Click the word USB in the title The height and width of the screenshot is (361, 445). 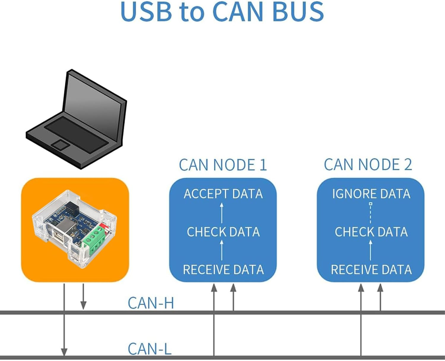[x=146, y=12]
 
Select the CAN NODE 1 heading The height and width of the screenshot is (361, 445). [x=223, y=165]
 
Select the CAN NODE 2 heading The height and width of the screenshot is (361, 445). [x=368, y=165]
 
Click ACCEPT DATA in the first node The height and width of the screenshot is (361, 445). [x=223, y=194]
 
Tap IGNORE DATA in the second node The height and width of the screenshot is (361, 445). [x=371, y=194]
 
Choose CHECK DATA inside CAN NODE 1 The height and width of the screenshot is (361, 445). [x=223, y=232]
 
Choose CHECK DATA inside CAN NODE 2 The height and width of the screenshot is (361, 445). [x=371, y=232]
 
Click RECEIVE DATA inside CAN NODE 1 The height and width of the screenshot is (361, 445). [x=223, y=270]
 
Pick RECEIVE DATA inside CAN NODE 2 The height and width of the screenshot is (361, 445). [x=371, y=270]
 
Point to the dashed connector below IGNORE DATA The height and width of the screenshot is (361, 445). [x=371, y=213]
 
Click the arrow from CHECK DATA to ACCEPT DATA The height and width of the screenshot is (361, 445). [x=222, y=213]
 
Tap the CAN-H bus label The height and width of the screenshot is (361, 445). [x=151, y=303]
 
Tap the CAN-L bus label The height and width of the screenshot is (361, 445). [x=150, y=349]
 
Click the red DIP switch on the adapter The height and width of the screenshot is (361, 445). [x=104, y=227]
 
